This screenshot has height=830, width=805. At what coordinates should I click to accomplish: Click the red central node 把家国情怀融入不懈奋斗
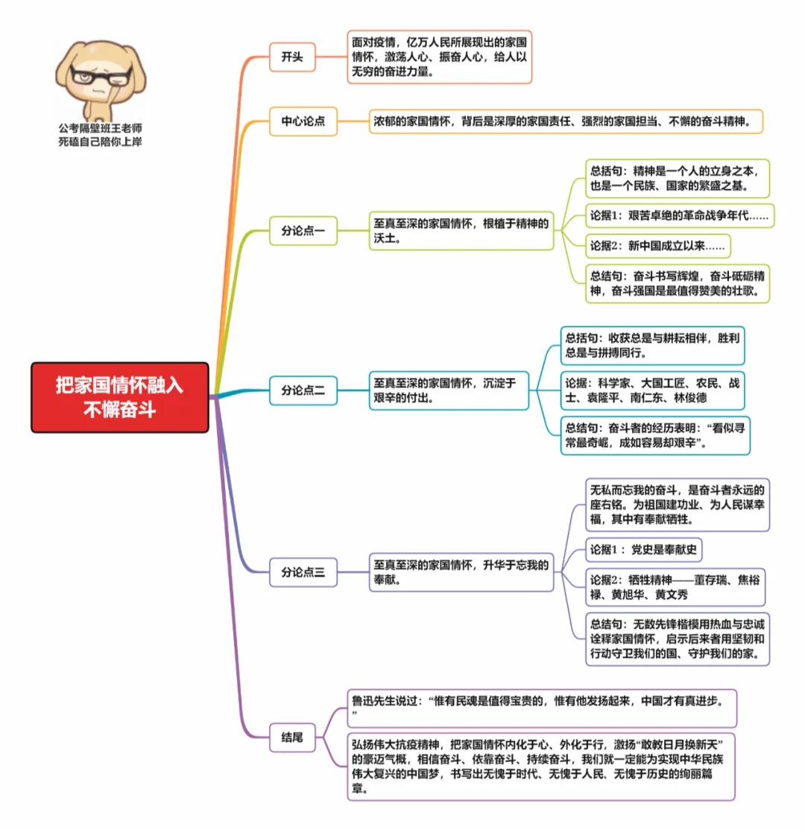click(119, 397)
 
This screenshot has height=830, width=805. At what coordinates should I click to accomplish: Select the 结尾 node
click(291, 737)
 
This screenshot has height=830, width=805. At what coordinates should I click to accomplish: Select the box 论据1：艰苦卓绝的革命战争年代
click(679, 216)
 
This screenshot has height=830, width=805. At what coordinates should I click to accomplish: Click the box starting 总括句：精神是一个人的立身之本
click(677, 177)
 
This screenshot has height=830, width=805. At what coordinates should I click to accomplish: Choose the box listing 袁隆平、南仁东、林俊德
click(652, 390)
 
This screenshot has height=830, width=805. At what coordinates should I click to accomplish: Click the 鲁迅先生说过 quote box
click(541, 708)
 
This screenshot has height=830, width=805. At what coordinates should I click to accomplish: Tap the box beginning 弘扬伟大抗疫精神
click(541, 766)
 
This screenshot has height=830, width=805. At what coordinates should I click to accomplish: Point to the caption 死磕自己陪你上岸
click(100, 142)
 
